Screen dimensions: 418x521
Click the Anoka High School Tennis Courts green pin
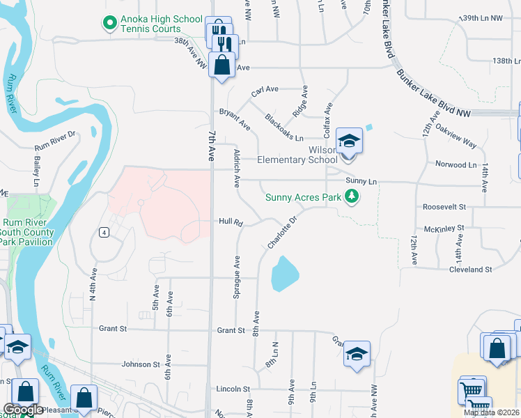click(x=109, y=24)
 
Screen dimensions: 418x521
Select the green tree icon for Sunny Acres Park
click(x=352, y=197)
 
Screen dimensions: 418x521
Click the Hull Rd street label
click(x=230, y=223)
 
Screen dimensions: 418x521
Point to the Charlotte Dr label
click(x=282, y=232)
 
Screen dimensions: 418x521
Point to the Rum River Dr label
click(x=54, y=141)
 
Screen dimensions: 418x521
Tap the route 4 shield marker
click(x=103, y=233)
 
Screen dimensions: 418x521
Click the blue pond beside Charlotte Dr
click(x=284, y=273)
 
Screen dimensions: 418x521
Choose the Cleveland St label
click(x=470, y=269)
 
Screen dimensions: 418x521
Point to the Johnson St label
click(x=141, y=364)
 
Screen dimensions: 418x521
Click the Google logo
click(x=22, y=410)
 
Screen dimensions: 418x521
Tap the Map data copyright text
click(x=492, y=412)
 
